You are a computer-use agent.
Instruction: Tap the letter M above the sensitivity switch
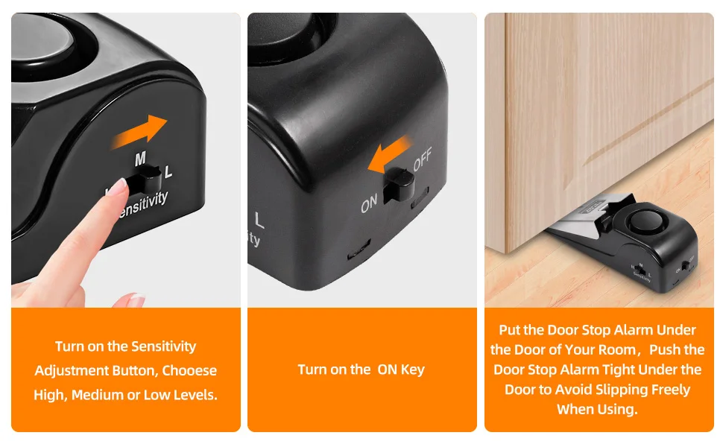pyautogui.click(x=140, y=159)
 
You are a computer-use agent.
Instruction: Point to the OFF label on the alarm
pyautogui.click(x=423, y=159)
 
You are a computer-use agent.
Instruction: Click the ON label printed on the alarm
pyautogui.click(x=369, y=203)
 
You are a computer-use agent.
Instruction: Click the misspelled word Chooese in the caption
pyautogui.click(x=189, y=370)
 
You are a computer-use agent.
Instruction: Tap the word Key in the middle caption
pyautogui.click(x=413, y=370)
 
